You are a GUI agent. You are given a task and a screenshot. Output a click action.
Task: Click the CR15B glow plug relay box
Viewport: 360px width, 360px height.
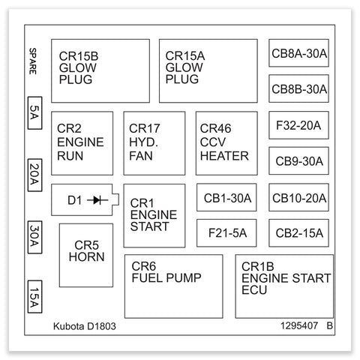pos(100,70)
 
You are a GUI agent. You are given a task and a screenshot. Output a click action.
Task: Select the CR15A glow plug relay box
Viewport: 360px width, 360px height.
pos(208,70)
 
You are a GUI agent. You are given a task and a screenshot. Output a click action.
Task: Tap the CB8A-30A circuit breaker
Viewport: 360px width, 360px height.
pos(298,53)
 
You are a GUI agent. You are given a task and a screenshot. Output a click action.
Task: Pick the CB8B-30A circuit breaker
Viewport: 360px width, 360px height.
pos(298,88)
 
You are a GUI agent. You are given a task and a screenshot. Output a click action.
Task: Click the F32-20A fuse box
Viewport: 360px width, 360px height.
pos(298,125)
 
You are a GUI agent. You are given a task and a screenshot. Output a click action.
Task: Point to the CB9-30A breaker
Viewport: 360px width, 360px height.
pos(298,160)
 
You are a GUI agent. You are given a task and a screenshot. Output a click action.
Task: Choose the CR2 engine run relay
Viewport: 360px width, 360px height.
pos(82,143)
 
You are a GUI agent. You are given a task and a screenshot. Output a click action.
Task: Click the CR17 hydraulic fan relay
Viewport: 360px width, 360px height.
pos(154,143)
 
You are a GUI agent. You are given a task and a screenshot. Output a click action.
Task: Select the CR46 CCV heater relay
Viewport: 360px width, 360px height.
pos(226,143)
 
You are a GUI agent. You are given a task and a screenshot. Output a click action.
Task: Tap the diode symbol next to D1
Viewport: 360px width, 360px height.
pos(97,200)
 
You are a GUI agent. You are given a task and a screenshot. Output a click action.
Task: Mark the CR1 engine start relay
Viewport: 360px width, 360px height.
pos(154,216)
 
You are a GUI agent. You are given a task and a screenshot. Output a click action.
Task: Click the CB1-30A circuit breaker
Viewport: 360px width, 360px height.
pos(226,197)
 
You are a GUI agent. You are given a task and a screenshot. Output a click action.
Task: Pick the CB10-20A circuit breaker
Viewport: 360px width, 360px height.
pos(298,197)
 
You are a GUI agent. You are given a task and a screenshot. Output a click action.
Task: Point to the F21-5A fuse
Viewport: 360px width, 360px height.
pos(226,233)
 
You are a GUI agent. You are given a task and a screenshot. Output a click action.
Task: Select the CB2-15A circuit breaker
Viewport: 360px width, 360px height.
pos(298,233)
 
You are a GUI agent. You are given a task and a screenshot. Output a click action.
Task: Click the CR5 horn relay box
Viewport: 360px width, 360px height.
pos(86,255)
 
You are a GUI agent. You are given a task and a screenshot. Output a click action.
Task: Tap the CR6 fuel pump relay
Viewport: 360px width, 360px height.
pos(173,286)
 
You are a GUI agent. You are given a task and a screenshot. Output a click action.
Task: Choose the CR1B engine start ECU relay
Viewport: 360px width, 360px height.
pos(284,286)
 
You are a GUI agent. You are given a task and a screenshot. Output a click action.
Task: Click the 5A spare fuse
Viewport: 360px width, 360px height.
pos(34,113)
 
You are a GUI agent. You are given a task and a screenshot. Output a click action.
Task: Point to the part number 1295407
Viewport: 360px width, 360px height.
pos(299,325)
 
